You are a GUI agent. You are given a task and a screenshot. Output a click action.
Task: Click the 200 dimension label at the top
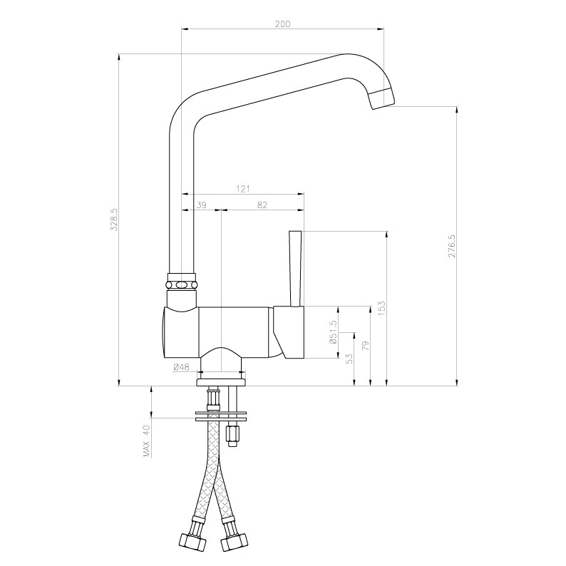coord(282,24)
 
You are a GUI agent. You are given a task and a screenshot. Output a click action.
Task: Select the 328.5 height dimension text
coord(115,219)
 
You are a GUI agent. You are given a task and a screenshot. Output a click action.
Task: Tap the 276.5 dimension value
coord(452,246)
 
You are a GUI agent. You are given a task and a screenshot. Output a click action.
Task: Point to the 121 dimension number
coord(243,189)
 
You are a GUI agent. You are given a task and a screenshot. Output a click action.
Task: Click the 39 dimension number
coord(202,205)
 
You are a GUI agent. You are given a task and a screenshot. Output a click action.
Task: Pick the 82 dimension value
coord(262,205)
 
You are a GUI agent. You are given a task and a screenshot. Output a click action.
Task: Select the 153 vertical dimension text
coord(382,309)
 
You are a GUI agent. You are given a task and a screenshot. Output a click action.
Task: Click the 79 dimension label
coord(365,346)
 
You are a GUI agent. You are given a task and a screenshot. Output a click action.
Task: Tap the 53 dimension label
coord(349,359)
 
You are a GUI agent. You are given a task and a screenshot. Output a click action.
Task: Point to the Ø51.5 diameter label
coord(333,331)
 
